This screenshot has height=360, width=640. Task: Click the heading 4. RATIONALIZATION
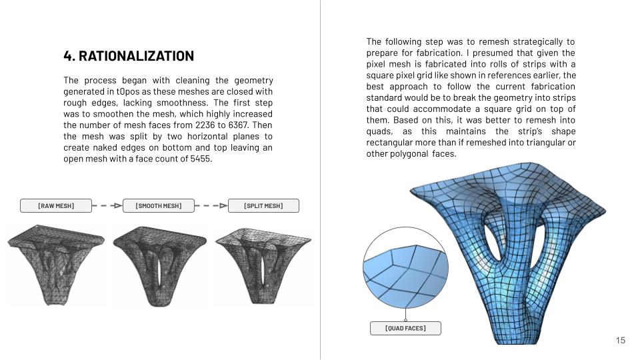coord(129,56)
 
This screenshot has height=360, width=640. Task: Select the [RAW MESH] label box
coord(56,205)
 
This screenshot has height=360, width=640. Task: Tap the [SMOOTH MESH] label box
coord(159,205)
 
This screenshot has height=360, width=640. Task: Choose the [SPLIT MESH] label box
coord(263,205)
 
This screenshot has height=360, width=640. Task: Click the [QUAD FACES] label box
coord(405,328)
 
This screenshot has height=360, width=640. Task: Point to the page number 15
coord(620,341)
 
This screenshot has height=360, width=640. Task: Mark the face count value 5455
coord(197,159)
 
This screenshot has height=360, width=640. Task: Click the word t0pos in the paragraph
coord(127,91)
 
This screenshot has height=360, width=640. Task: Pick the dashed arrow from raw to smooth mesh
coord(107,205)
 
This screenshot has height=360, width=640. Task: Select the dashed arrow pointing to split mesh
coord(211,205)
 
